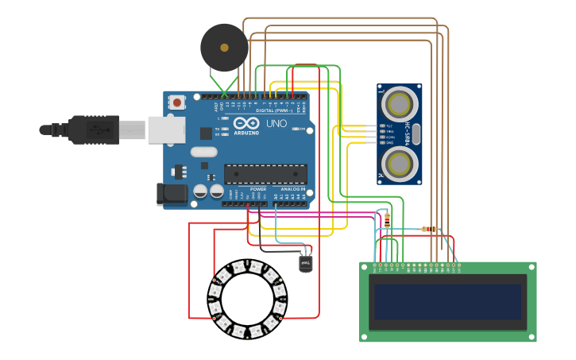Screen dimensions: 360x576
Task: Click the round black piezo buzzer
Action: pyautogui.click(x=224, y=48)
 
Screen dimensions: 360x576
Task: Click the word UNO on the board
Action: pyautogui.click(x=276, y=124)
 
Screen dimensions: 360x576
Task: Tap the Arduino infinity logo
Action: pyautogui.click(x=245, y=124)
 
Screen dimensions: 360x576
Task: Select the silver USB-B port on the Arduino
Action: pyautogui.click(x=166, y=130)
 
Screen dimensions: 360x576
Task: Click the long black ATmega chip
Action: pyautogui.click(x=265, y=174)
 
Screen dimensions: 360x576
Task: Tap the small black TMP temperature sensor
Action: pyautogui.click(x=306, y=262)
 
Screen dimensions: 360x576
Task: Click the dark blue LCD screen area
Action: pyautogui.click(x=447, y=301)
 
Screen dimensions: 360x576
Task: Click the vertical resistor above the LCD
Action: pyautogui.click(x=387, y=220)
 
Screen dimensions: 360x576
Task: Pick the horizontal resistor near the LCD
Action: pyautogui.click(x=430, y=230)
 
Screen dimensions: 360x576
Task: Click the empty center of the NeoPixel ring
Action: pyautogui.click(x=247, y=300)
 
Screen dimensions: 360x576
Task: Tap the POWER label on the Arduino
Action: pyautogui.click(x=258, y=189)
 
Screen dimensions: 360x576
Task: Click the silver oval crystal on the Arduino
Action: pyautogui.click(x=203, y=152)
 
